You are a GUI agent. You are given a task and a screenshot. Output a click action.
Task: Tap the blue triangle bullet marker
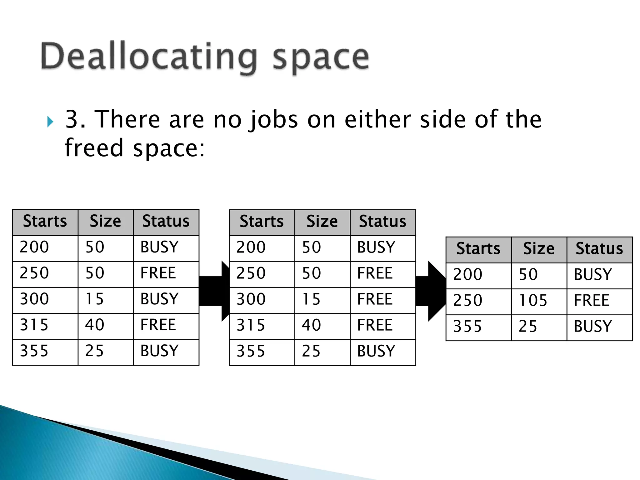tap(50, 122)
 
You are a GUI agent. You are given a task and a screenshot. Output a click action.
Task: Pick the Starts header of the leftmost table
tap(45, 221)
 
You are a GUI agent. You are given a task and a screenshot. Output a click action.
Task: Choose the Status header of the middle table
tap(382, 222)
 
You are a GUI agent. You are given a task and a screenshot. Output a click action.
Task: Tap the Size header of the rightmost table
tap(539, 249)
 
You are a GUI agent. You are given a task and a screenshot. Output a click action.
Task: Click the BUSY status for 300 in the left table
tap(159, 299)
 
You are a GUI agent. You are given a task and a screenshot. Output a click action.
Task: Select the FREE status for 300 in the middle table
tap(375, 299)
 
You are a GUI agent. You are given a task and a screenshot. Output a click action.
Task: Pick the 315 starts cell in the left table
tap(34, 325)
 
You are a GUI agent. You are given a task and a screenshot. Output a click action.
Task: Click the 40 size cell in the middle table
tap(311, 325)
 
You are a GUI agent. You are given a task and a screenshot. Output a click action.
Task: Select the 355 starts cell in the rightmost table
tap(467, 327)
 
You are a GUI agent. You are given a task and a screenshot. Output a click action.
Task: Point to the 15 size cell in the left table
tap(94, 299)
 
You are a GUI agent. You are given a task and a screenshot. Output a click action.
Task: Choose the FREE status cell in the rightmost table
tap(591, 301)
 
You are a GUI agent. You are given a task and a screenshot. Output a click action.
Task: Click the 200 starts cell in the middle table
tap(251, 247)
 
